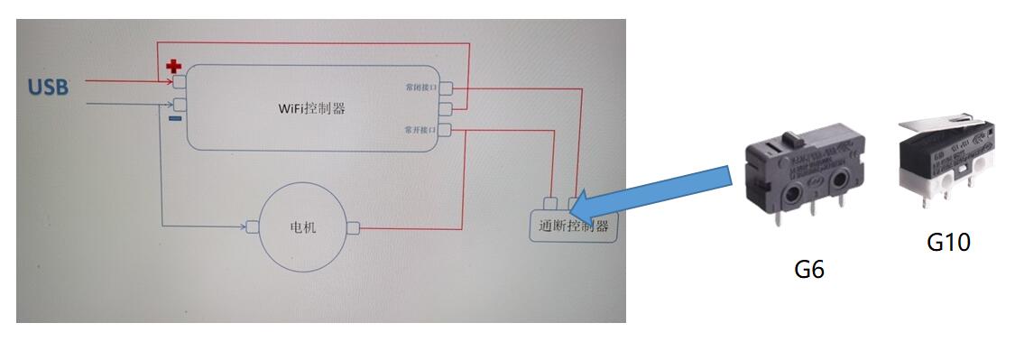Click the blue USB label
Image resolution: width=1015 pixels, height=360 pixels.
pyautogui.click(x=48, y=88)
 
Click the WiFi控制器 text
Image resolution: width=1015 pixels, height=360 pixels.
pyautogui.click(x=311, y=108)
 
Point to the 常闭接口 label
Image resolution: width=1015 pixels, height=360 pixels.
pyautogui.click(x=420, y=88)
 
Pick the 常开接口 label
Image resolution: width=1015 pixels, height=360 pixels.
pyautogui.click(x=420, y=131)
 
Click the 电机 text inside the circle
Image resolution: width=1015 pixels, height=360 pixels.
pyautogui.click(x=302, y=227)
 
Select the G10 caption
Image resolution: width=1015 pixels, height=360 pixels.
pyautogui.click(x=948, y=242)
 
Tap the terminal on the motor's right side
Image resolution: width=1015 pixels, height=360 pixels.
pyautogui.click(x=354, y=227)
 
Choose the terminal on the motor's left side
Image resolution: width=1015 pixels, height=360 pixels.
pyautogui.click(x=253, y=227)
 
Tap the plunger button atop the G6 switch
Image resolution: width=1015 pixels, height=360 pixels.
pyautogui.click(x=794, y=139)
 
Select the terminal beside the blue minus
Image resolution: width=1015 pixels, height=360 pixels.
pyautogui.click(x=180, y=104)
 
